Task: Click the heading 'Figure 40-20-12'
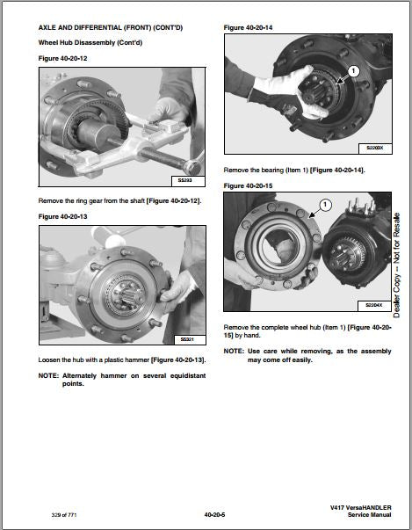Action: point(62,59)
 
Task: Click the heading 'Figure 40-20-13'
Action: point(62,217)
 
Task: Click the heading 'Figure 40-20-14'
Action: point(248,28)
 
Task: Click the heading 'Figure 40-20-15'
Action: point(248,186)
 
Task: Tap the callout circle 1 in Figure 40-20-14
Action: point(353,71)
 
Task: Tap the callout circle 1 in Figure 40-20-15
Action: point(325,205)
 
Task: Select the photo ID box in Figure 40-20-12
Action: point(188,181)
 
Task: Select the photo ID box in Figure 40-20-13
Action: point(190,339)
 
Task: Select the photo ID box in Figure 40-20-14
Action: point(375,148)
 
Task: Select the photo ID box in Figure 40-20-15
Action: point(374,306)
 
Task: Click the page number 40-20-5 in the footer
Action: point(214,515)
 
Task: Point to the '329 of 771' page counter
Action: point(64,515)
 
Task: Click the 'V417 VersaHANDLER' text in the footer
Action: point(361,508)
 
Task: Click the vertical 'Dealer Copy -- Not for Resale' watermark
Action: point(396,265)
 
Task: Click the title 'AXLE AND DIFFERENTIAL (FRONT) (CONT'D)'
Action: point(111,28)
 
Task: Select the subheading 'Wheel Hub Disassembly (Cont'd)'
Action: point(90,43)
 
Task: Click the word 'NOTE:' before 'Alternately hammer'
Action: point(48,376)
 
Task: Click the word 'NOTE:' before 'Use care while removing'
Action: point(234,352)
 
